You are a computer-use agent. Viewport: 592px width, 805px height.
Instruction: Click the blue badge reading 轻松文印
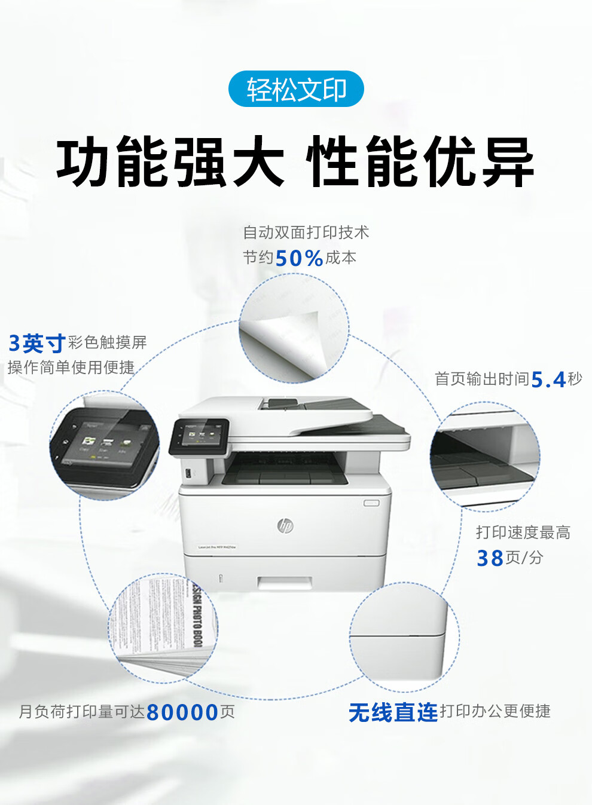[296, 89]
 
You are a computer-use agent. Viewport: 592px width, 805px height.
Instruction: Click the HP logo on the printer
[285, 525]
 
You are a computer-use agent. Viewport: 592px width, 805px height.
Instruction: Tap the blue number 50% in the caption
[299, 258]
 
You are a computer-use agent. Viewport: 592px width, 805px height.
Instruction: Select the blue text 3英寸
[36, 343]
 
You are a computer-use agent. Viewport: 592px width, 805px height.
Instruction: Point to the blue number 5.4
[548, 379]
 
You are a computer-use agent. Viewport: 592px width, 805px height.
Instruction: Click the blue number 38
[490, 558]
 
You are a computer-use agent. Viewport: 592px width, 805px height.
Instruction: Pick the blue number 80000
[182, 712]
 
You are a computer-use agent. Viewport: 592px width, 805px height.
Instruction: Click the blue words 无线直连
[393, 712]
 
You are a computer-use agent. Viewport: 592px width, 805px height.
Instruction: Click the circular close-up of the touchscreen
[105, 445]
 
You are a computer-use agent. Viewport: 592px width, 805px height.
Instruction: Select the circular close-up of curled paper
[294, 328]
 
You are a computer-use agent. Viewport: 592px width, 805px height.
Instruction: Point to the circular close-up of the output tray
[484, 457]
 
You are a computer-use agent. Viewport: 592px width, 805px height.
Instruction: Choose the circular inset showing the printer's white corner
[404, 636]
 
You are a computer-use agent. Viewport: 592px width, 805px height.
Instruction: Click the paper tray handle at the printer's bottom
[285, 582]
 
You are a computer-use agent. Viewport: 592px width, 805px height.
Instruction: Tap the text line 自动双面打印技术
[306, 232]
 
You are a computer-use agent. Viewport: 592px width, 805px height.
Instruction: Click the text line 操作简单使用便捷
[71, 368]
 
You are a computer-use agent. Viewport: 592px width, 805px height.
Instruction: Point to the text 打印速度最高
[523, 532]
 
